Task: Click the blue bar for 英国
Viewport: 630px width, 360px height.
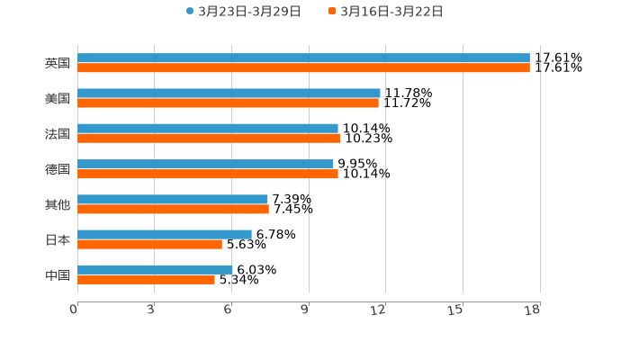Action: [x=303, y=58]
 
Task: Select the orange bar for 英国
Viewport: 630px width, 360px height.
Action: [x=303, y=67]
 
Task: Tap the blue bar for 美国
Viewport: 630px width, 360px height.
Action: [x=229, y=93]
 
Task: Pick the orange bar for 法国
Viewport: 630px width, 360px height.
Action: [x=209, y=138]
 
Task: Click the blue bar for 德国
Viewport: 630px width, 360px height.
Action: [x=205, y=164]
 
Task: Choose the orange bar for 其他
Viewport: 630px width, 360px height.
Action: [x=173, y=209]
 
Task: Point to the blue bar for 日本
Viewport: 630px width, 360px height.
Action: [x=165, y=234]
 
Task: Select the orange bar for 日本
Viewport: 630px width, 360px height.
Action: [x=149, y=244]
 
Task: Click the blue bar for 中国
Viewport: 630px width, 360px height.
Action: [x=155, y=269]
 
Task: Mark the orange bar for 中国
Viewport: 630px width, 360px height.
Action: [x=146, y=279]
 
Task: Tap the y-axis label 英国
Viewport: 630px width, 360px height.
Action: [x=58, y=64]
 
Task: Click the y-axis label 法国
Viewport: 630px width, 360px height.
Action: [x=58, y=134]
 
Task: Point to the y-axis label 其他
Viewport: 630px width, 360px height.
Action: [x=58, y=204]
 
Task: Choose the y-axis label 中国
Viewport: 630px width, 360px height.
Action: [x=58, y=274]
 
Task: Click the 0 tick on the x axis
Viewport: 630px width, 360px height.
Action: [x=75, y=310]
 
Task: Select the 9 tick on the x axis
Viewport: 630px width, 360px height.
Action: [x=306, y=310]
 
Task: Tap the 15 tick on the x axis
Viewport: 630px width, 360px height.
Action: [x=456, y=310]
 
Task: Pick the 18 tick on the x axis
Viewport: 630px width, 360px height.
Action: [x=533, y=310]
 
